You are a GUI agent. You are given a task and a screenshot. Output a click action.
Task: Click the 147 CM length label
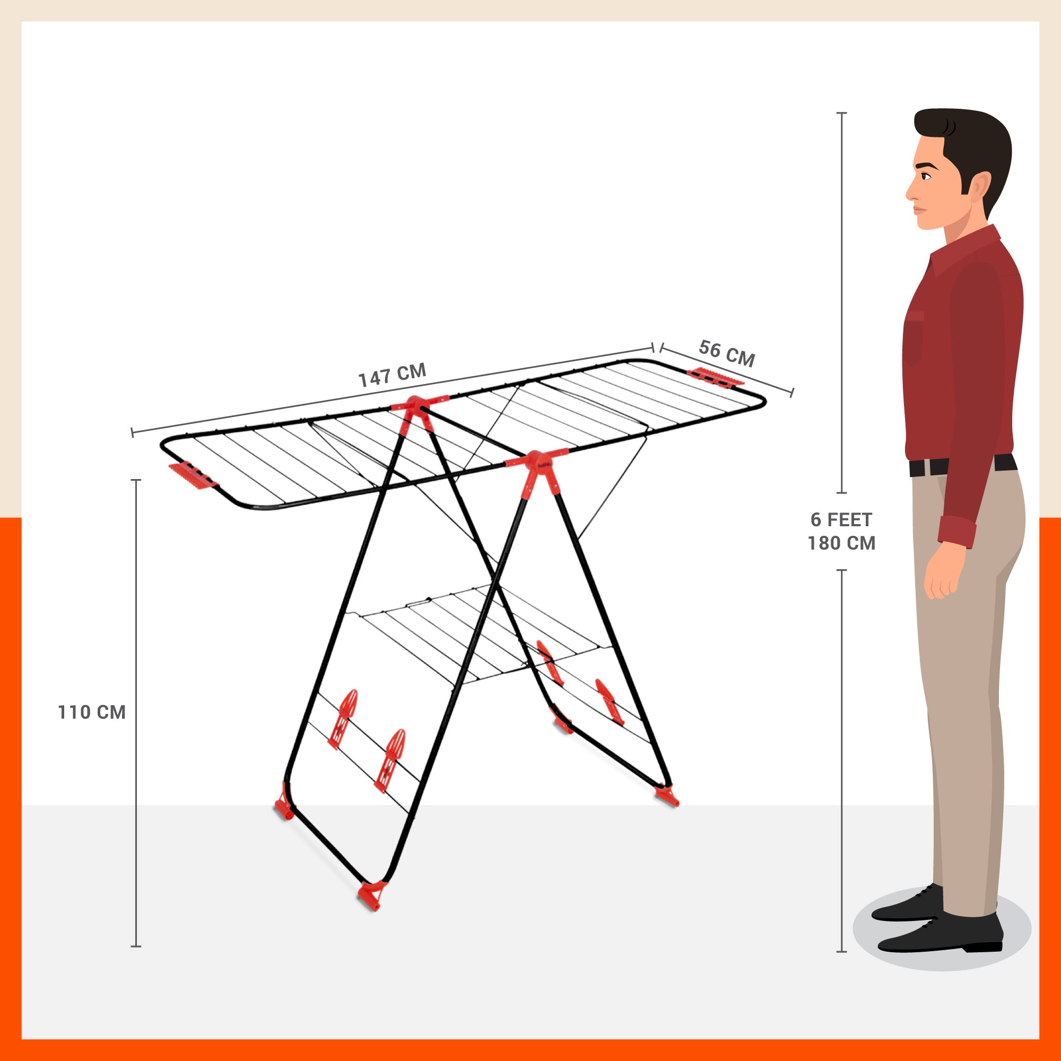[x=392, y=375]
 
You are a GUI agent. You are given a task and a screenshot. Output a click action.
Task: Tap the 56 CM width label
[x=727, y=353]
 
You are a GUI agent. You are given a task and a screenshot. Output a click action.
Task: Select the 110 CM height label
[x=92, y=712]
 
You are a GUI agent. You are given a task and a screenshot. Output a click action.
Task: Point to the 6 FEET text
[x=841, y=519]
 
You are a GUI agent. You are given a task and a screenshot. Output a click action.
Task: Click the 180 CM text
[x=841, y=543]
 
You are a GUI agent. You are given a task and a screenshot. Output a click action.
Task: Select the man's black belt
[x=962, y=466]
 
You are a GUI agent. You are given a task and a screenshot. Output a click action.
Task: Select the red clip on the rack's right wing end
[x=715, y=376]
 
